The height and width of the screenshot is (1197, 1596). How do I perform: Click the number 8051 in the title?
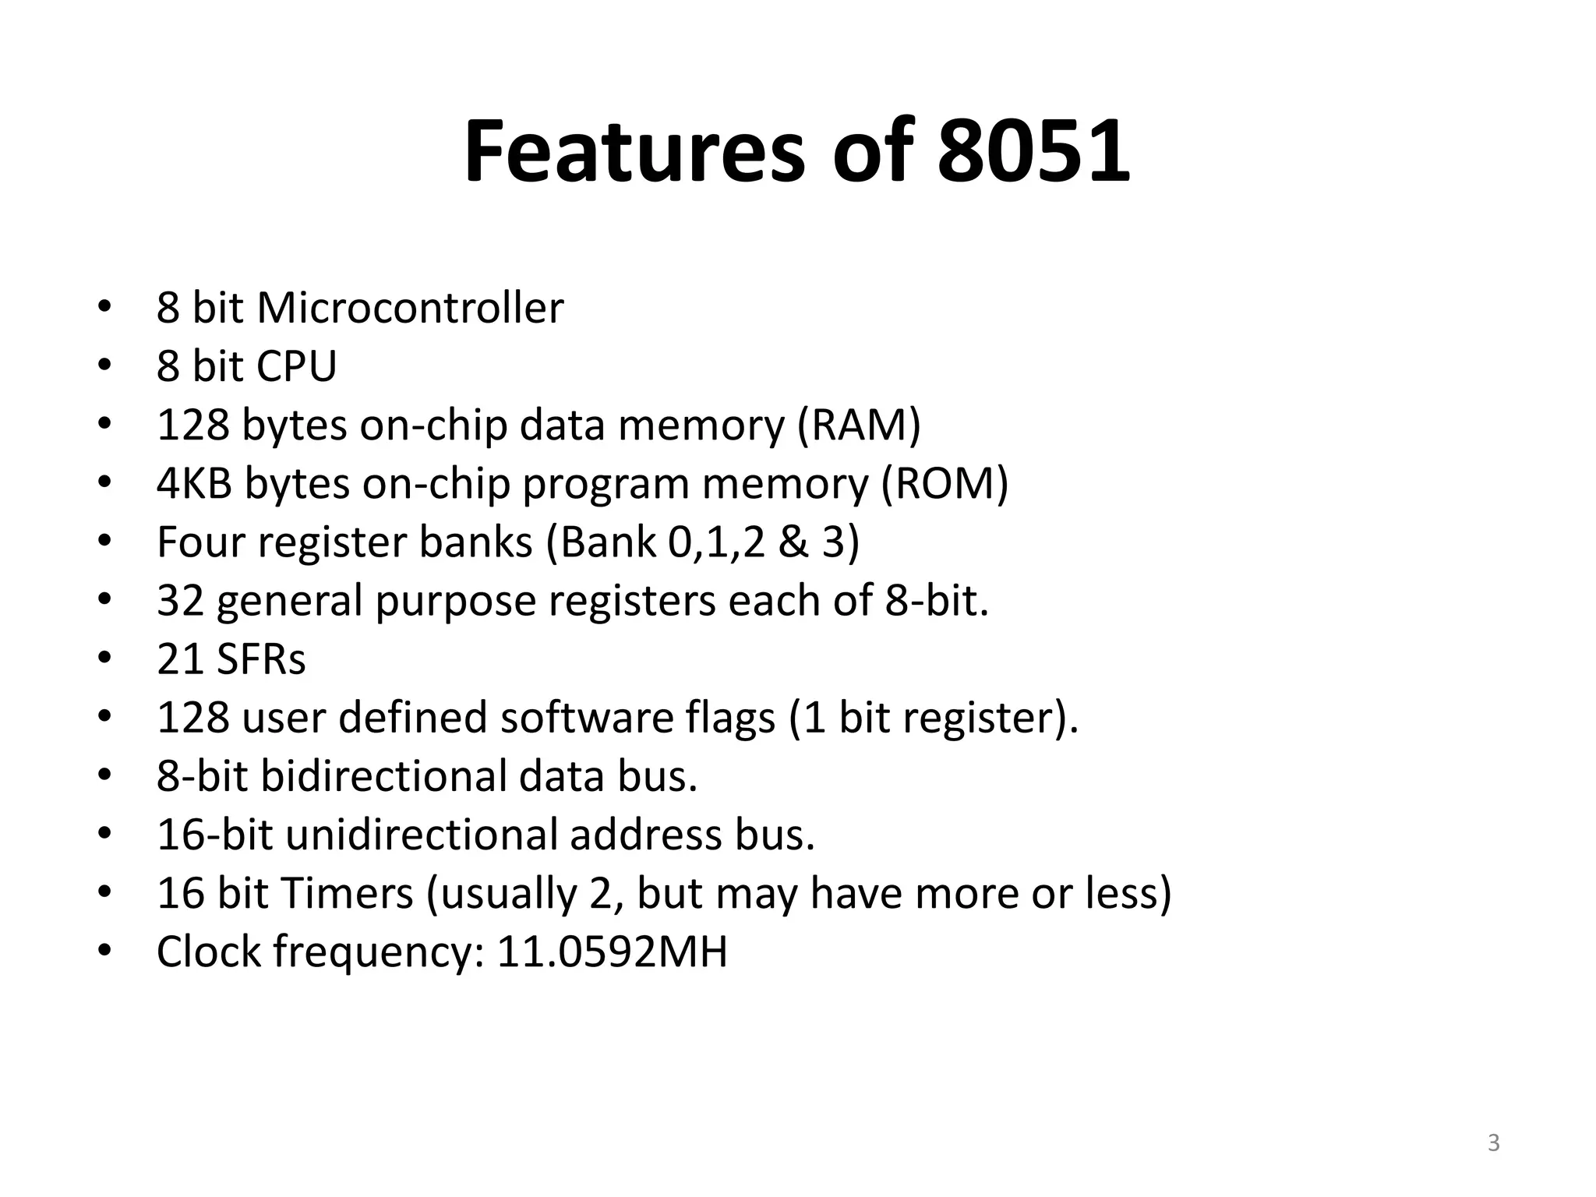[x=1033, y=151]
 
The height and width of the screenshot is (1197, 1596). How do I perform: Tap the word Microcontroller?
[x=410, y=308]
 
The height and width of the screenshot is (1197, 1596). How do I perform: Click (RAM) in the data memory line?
[x=859, y=425]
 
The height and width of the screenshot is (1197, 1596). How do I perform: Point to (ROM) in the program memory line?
[x=945, y=484]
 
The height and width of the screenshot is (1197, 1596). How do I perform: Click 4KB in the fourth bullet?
[x=194, y=484]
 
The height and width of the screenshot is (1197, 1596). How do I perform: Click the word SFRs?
[x=261, y=659]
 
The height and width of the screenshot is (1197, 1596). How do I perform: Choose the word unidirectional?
[x=422, y=835]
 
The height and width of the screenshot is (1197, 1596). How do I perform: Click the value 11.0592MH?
[x=612, y=952]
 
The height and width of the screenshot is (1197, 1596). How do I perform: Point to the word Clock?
[x=209, y=952]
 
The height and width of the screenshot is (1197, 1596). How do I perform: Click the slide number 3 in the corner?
[x=1493, y=1143]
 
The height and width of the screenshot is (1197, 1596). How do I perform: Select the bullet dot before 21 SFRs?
[x=104, y=659]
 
